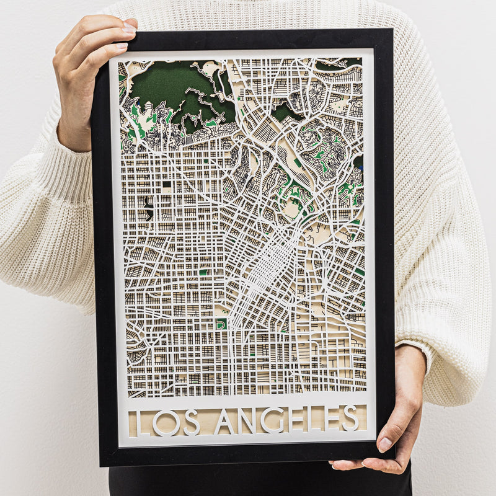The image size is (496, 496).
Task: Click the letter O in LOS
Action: [167, 421]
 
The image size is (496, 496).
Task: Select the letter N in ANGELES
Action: [248, 421]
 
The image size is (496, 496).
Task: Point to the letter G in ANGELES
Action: [273, 420]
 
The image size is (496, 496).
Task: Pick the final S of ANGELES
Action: [349, 418]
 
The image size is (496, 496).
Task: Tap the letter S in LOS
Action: [191, 421]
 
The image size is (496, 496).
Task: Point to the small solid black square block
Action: [166, 184]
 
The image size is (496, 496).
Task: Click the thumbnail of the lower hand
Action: [385, 444]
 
